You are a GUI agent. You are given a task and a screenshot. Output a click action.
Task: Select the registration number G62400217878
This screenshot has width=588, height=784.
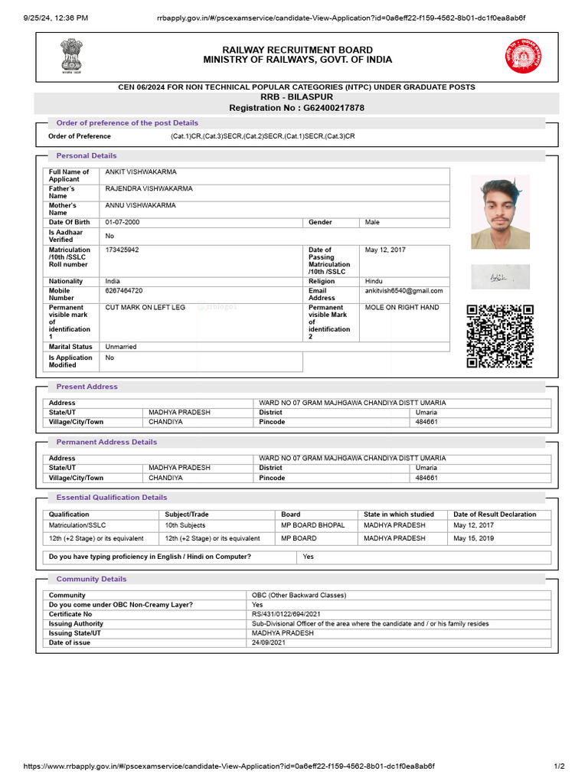pos(297,108)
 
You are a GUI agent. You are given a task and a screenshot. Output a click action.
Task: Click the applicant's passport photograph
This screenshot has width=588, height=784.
pos(500,212)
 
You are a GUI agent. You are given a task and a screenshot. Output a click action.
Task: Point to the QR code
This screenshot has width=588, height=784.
pos(500,336)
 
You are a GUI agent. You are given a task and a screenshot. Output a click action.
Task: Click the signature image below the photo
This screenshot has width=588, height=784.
pos(500,277)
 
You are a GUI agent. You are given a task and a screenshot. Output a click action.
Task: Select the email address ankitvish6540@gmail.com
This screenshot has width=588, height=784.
pos(403,291)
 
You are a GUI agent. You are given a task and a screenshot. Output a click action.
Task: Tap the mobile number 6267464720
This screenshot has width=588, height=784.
pos(124,291)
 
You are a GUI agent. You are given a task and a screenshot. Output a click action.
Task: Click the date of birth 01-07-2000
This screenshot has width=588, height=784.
pos(122,222)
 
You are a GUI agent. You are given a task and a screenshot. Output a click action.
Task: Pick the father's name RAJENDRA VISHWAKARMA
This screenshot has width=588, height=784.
pos(149,188)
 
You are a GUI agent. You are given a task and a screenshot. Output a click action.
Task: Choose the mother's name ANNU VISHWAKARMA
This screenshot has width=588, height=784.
pos(140,205)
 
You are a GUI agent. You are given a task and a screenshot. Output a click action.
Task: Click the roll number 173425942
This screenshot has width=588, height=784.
pos(122,250)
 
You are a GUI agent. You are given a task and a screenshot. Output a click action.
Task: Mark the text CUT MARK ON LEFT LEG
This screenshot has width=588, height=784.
pos(145,307)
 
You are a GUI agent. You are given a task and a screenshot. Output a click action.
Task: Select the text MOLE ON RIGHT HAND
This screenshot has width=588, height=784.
pos(402,307)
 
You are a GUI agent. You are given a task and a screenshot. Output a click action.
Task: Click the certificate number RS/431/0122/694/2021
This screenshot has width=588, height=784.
pos(286,614)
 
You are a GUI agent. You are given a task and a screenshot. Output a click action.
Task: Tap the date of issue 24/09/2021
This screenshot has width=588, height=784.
pos(267,642)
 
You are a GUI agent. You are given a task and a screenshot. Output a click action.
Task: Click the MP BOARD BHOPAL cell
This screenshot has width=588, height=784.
pos(313,525)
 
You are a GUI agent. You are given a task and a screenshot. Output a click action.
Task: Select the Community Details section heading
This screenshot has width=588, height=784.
pos(91,579)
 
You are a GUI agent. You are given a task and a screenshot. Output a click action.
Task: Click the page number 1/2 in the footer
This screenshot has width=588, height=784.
pos(559,766)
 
